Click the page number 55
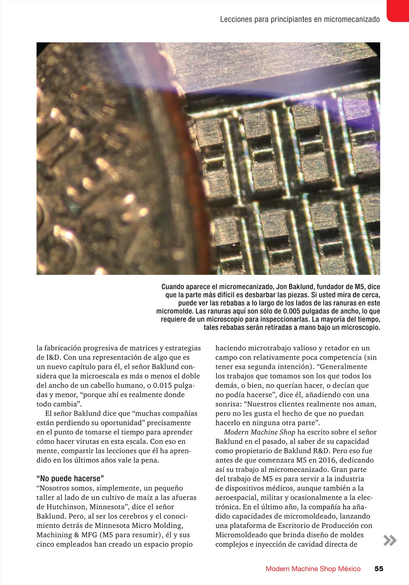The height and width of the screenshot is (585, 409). pos(379,569)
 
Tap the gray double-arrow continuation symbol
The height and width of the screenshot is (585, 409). pos(390,541)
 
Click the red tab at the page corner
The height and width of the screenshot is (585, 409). pos(398,10)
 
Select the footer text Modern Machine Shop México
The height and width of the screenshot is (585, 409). pos(313,569)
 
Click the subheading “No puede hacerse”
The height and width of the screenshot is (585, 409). pos(70,479)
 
